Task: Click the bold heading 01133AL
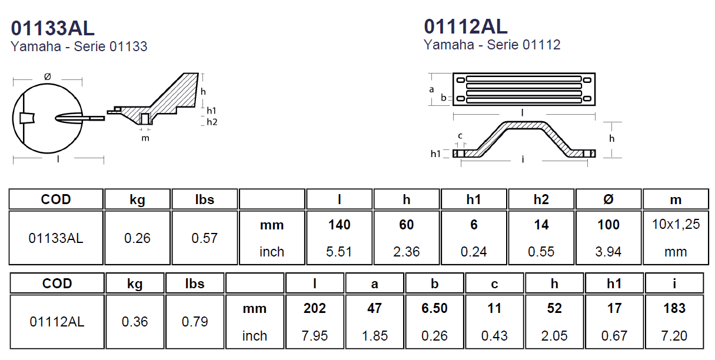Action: click(x=52, y=28)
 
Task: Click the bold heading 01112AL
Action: click(x=465, y=26)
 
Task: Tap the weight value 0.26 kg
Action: click(x=137, y=238)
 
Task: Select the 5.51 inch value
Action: click(x=339, y=252)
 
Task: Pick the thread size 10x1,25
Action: click(x=676, y=224)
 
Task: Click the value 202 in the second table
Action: click(x=315, y=308)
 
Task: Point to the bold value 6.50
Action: click(x=434, y=308)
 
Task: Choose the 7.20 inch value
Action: click(x=674, y=336)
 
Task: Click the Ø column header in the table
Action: click(x=608, y=199)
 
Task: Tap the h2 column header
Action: click(x=541, y=199)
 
